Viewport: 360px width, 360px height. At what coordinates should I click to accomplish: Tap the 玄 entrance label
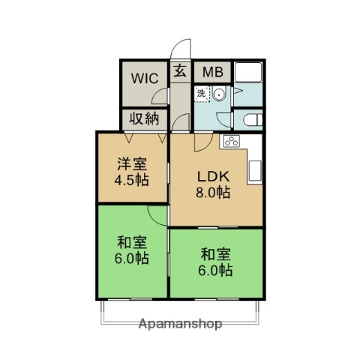(x=181, y=72)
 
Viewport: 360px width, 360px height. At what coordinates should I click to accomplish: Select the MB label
(x=212, y=73)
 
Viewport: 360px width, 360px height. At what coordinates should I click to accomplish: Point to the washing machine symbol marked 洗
(x=202, y=94)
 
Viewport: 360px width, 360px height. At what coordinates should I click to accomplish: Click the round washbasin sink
(x=219, y=94)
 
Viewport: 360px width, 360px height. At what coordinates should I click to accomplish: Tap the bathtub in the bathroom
(x=247, y=73)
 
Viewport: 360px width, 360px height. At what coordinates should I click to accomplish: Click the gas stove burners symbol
(x=230, y=142)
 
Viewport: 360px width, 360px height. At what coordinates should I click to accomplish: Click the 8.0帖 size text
(x=213, y=193)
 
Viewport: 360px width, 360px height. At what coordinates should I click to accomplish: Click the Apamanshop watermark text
(x=181, y=325)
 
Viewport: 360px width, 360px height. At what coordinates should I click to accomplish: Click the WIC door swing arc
(x=159, y=94)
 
